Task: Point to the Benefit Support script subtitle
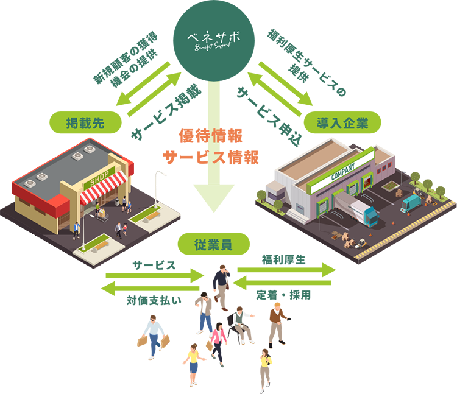point(213,48)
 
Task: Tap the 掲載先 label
point(85,123)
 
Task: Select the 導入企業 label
point(342,123)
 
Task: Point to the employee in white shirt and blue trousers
point(152,336)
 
